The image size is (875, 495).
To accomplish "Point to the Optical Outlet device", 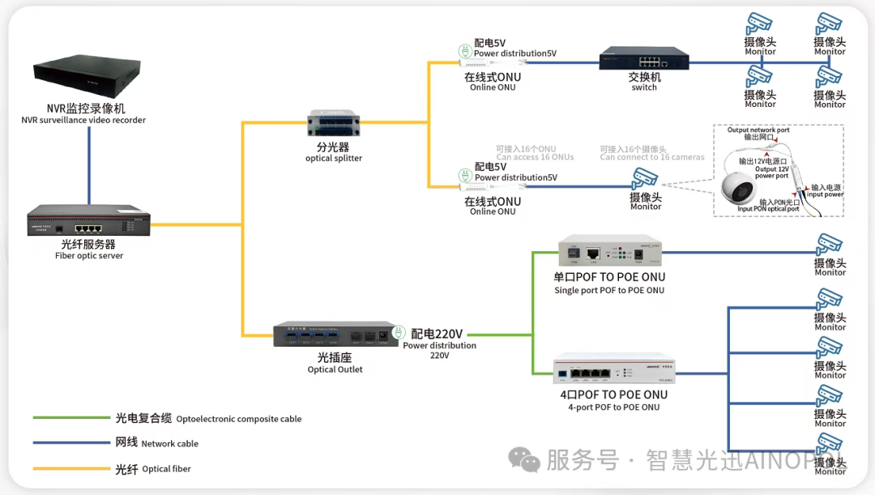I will click(335, 334).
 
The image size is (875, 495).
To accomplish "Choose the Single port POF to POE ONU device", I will click(608, 252).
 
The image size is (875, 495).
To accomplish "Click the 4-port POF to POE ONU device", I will click(613, 371).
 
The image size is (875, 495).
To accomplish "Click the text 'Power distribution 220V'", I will click(439, 350).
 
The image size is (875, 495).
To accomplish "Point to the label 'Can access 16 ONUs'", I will click(535, 157).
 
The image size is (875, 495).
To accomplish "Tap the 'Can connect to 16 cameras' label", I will click(651, 157).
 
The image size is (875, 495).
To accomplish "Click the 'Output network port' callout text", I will click(758, 130).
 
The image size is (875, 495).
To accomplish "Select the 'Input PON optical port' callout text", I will click(768, 209).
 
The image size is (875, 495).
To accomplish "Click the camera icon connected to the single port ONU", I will click(829, 245).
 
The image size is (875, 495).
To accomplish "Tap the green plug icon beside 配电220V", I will click(398, 332).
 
